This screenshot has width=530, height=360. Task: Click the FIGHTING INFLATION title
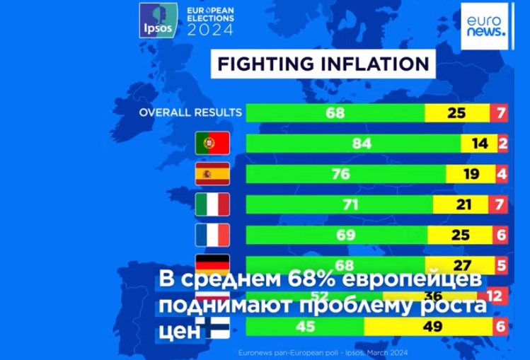pyautogui.click(x=323, y=64)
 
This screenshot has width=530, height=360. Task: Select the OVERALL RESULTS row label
pyautogui.click(x=190, y=112)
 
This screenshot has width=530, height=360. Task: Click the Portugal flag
pyautogui.click(x=212, y=144)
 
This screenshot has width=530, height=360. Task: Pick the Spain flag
pyautogui.click(x=212, y=174)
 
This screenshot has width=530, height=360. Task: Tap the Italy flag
pyautogui.click(x=212, y=204)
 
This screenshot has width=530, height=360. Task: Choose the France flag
pyautogui.click(x=212, y=235)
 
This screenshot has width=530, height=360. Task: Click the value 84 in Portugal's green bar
pyautogui.click(x=362, y=144)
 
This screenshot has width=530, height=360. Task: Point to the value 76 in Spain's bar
pyautogui.click(x=341, y=174)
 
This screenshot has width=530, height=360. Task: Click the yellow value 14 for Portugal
pyautogui.click(x=480, y=144)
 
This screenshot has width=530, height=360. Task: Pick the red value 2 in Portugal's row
pyautogui.click(x=502, y=144)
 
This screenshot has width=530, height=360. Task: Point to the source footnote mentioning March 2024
pyautogui.click(x=323, y=351)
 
